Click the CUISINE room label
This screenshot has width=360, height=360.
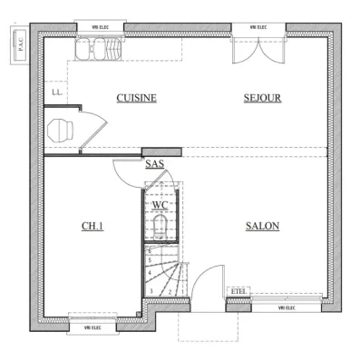pyautogui.click(x=137, y=98)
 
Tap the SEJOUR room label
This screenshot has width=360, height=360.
pyautogui.click(x=262, y=98)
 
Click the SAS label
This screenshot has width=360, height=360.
pyautogui.click(x=154, y=164)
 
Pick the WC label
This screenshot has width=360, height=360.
pyautogui.click(x=160, y=205)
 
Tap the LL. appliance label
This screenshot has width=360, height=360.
pyautogui.click(x=56, y=92)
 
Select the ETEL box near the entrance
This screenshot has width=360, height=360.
pyautogui.click(x=238, y=290)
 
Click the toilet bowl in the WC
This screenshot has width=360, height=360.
pyautogui.click(x=161, y=227)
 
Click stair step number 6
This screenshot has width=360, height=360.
pyautogui.click(x=150, y=250)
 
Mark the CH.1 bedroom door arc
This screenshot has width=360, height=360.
pyautogui.click(x=125, y=172)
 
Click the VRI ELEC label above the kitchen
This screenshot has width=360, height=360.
pyautogui.click(x=95, y=28)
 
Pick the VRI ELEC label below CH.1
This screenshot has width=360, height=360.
pyautogui.click(x=92, y=327)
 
